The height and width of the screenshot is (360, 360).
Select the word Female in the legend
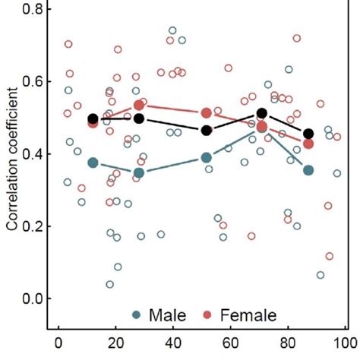[249, 314]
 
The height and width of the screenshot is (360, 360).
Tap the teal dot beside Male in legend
[137, 314]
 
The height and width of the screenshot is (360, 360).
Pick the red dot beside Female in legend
[207, 314]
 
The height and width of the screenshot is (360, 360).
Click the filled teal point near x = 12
[93, 163]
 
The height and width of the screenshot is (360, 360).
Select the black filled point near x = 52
[206, 131]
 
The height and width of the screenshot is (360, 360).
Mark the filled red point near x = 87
[308, 144]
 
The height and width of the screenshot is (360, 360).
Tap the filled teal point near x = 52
[206, 157]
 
